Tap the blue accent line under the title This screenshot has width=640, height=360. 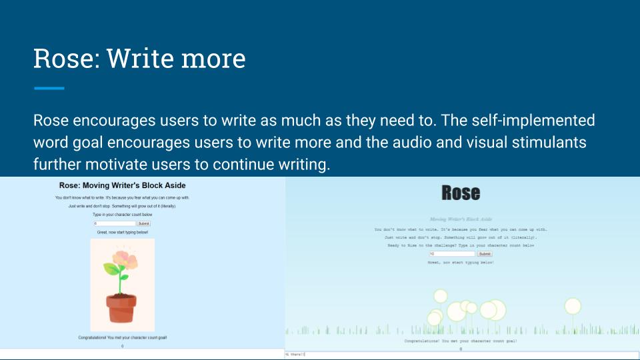[x=49, y=88]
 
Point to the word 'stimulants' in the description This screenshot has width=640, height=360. [x=553, y=143]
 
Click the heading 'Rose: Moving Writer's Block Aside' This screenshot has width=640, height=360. [x=123, y=185]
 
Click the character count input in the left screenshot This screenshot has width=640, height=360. [x=114, y=223]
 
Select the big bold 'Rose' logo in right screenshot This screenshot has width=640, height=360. [x=461, y=193]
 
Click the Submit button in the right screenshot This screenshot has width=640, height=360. [x=485, y=254]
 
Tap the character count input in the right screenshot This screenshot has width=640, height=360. [x=451, y=254]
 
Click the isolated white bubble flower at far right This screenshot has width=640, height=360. [x=573, y=307]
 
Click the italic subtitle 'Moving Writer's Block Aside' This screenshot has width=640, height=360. [x=461, y=219]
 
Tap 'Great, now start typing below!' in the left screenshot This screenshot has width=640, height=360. [x=123, y=232]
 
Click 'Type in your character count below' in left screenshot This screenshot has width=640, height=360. [x=123, y=215]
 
